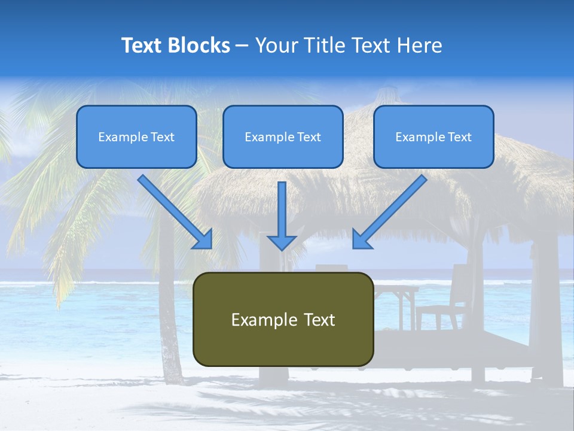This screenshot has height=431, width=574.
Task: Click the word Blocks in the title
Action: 200,45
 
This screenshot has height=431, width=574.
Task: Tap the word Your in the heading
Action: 274,45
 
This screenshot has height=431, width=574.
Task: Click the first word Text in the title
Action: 143,45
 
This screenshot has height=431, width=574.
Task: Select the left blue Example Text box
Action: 136,136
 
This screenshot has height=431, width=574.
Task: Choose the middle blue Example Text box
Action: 283,136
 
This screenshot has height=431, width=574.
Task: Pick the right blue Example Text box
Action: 433,136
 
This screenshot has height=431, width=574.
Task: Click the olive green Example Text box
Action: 283,319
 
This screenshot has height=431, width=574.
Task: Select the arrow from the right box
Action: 392,210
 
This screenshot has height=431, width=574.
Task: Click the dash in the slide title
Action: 242,45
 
